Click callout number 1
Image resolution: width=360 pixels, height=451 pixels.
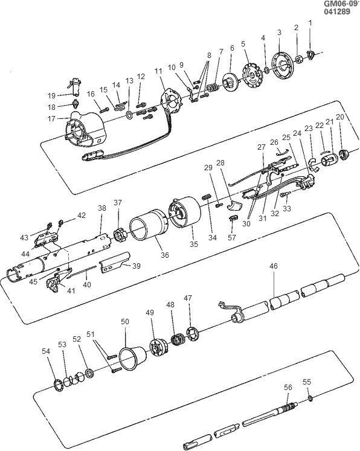(x=310, y=23)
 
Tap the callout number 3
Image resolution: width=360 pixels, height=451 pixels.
(x=279, y=32)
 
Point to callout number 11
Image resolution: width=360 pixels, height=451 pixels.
(x=159, y=71)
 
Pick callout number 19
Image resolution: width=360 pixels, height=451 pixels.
(x=52, y=95)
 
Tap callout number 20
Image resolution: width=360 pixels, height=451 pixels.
(x=340, y=117)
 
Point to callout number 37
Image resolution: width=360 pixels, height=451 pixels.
(x=118, y=203)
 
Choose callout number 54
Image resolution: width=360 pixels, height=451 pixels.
(x=45, y=351)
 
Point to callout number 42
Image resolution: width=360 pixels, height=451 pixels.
(x=82, y=216)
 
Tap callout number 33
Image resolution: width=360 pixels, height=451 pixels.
(x=286, y=209)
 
